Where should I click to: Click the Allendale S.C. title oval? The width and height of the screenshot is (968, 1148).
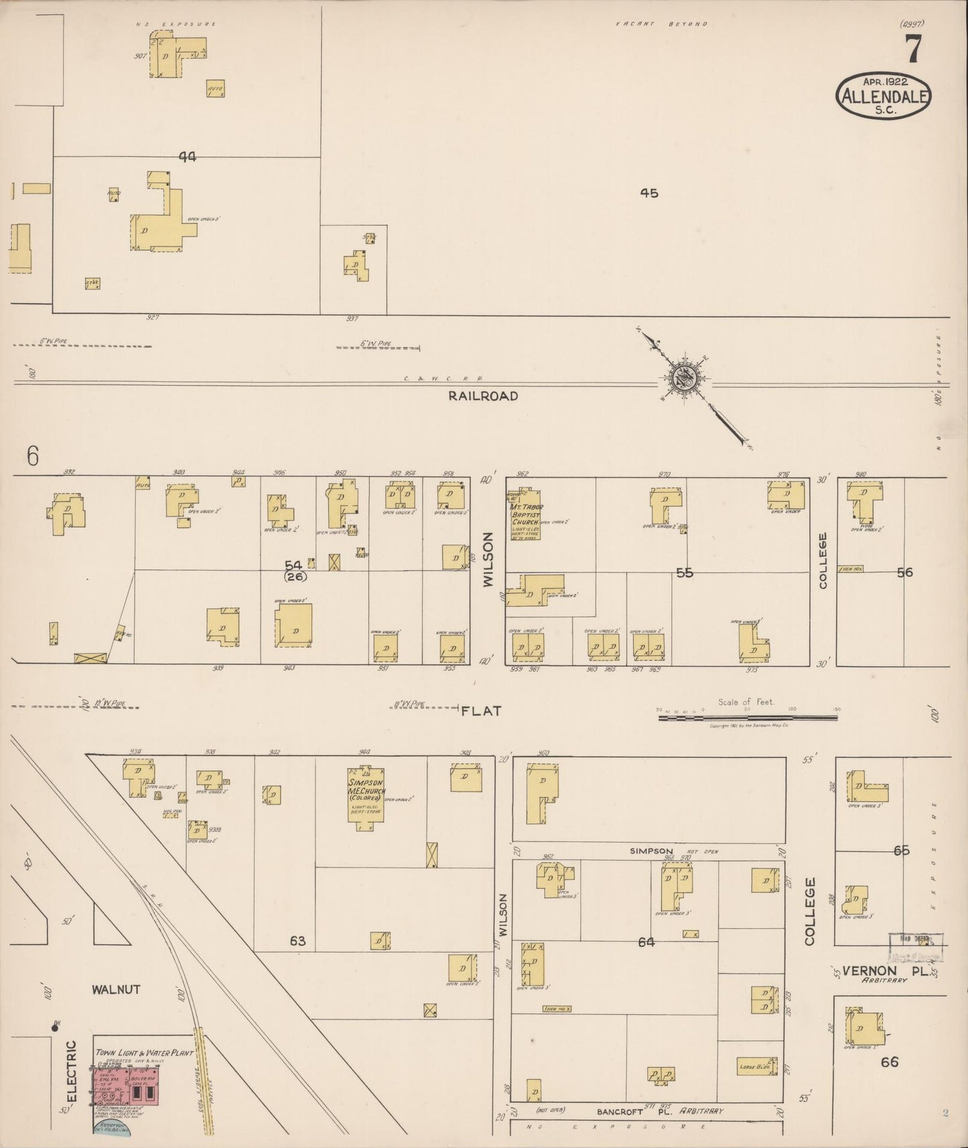pyautogui.click(x=884, y=96)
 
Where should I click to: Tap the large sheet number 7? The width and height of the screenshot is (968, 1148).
pyautogui.click(x=912, y=48)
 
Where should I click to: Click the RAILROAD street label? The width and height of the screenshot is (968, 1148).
pyautogui.click(x=483, y=396)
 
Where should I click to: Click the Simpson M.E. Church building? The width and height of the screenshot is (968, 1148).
pyautogui.click(x=365, y=797)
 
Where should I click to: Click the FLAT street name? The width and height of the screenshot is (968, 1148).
pyautogui.click(x=481, y=711)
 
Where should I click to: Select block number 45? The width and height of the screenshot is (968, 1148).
pyautogui.click(x=648, y=193)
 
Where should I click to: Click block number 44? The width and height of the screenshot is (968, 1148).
pyautogui.click(x=188, y=156)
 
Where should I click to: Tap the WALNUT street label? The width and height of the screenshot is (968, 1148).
pyautogui.click(x=116, y=989)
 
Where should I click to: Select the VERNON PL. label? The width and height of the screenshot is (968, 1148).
pyautogui.click(x=887, y=971)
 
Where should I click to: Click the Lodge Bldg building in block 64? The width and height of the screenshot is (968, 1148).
pyautogui.click(x=758, y=1066)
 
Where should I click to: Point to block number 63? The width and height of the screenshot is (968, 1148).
pyautogui.click(x=297, y=941)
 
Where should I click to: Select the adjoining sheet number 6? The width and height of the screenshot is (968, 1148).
pyautogui.click(x=33, y=456)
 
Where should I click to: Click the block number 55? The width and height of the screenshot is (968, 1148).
pyautogui.click(x=684, y=573)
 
